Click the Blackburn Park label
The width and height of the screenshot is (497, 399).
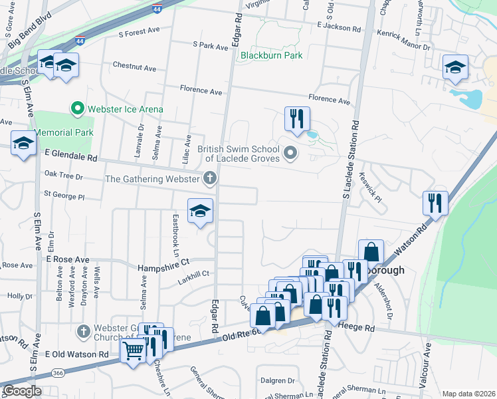click(x=272, y=55)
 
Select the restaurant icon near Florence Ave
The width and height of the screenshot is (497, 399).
click(x=297, y=118)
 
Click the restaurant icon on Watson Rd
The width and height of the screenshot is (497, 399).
click(x=435, y=203)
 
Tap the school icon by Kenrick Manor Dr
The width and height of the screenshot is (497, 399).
click(x=455, y=66)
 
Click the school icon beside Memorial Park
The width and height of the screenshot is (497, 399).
click(x=23, y=142)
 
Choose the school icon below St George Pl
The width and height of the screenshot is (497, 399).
click(x=200, y=210)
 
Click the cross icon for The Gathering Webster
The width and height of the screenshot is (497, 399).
click(x=210, y=178)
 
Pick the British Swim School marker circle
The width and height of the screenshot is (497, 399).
click(x=290, y=154)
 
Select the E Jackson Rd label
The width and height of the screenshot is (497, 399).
click(x=338, y=27)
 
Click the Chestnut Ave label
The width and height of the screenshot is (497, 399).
click(x=134, y=68)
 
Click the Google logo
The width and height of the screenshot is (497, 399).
click(x=22, y=391)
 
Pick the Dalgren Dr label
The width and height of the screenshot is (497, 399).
click(x=277, y=380)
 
